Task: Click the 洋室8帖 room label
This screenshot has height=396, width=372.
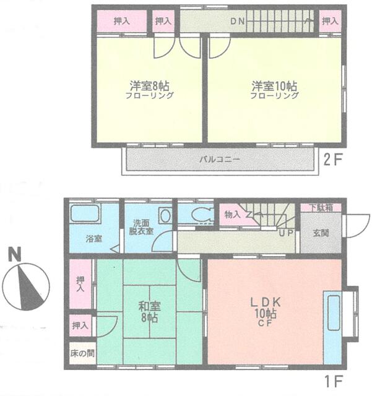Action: (x=149, y=86)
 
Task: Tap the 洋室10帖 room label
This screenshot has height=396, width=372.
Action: (x=274, y=86)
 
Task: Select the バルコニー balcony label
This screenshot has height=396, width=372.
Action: (x=219, y=160)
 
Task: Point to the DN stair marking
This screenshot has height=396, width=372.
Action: (x=238, y=21)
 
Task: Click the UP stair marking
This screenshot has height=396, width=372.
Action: (x=286, y=233)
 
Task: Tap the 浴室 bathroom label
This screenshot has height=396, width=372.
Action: (x=93, y=238)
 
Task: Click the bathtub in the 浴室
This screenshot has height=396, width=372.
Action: (x=84, y=213)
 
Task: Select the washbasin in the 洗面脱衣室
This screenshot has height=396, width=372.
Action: (x=165, y=216)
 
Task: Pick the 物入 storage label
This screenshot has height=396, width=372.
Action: (x=233, y=215)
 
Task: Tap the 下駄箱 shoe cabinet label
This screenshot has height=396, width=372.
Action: (x=321, y=208)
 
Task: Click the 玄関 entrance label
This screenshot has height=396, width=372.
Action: (x=321, y=233)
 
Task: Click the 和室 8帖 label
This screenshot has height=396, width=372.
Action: (x=149, y=312)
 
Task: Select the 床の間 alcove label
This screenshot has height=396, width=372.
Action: (x=82, y=353)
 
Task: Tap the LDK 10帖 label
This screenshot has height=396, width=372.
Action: (x=266, y=312)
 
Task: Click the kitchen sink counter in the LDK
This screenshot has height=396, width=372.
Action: (x=332, y=327)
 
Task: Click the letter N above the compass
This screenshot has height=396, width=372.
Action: (x=14, y=254)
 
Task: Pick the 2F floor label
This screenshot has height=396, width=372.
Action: (x=333, y=160)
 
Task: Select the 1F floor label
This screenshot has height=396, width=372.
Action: (x=334, y=381)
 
